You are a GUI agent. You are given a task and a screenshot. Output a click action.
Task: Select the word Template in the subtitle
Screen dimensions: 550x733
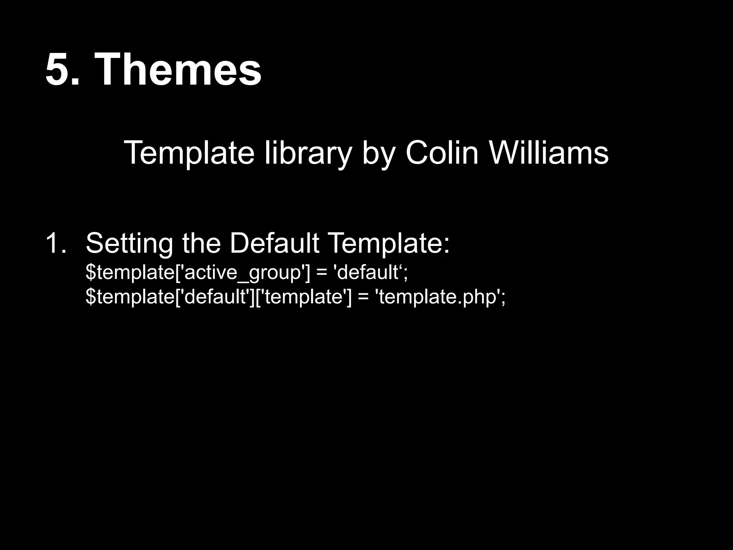point(189,153)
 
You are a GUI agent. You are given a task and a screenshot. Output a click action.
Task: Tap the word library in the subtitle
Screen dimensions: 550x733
point(308,153)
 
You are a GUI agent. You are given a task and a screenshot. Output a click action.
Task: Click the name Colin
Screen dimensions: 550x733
point(442,153)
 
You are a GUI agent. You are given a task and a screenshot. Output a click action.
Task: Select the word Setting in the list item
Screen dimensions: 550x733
point(129,243)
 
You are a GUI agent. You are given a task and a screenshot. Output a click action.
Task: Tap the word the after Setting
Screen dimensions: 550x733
point(201,243)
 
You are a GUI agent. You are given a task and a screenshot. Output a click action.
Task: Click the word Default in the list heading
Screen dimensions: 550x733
point(274,243)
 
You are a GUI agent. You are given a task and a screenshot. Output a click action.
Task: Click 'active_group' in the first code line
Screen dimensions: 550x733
point(243,272)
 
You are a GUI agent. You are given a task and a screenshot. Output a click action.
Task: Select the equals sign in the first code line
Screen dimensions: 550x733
point(322,272)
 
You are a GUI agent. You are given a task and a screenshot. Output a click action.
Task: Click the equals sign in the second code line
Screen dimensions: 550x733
point(363,297)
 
